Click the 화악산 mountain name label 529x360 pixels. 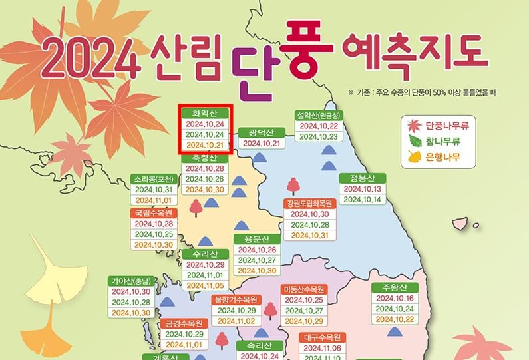point(206,113)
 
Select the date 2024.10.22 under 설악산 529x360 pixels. point(319,126)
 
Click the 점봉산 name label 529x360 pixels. point(361,178)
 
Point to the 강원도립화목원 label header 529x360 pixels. point(309,203)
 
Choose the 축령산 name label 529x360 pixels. point(205,158)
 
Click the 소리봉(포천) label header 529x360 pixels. point(154,179)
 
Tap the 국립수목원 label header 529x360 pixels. point(154,213)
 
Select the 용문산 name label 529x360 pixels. point(256,239)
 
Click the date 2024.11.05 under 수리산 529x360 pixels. point(206,285)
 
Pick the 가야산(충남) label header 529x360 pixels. point(132,281)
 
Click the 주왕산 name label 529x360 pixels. point(395,287)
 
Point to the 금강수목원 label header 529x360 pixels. point(184,323)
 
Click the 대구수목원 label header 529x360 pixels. point(323,337)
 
